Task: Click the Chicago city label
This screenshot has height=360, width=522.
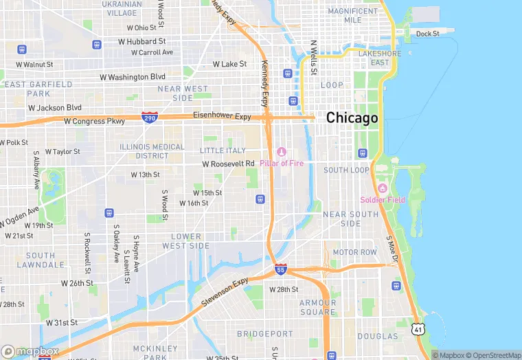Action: pos(352,118)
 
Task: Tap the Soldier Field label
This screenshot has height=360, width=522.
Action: pos(383,200)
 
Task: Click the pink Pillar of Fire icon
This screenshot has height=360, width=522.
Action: pos(281,152)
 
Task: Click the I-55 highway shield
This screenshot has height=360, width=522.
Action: pos(280,269)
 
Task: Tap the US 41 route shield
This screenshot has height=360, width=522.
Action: pos(419,330)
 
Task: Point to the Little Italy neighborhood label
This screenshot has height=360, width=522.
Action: pos(222,150)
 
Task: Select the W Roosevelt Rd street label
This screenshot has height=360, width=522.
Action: pos(229,164)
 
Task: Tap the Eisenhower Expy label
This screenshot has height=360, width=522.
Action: pos(222,116)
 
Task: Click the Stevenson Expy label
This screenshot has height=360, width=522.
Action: pos(225,293)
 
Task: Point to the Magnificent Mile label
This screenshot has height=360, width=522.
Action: pos(353,16)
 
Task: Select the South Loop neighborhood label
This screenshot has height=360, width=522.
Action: pos(346,170)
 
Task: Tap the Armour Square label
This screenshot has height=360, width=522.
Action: pos(317,307)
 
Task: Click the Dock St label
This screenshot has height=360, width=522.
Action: pos(427,33)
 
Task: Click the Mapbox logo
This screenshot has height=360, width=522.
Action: pos(30,351)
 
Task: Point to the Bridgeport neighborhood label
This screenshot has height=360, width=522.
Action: pos(264,333)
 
